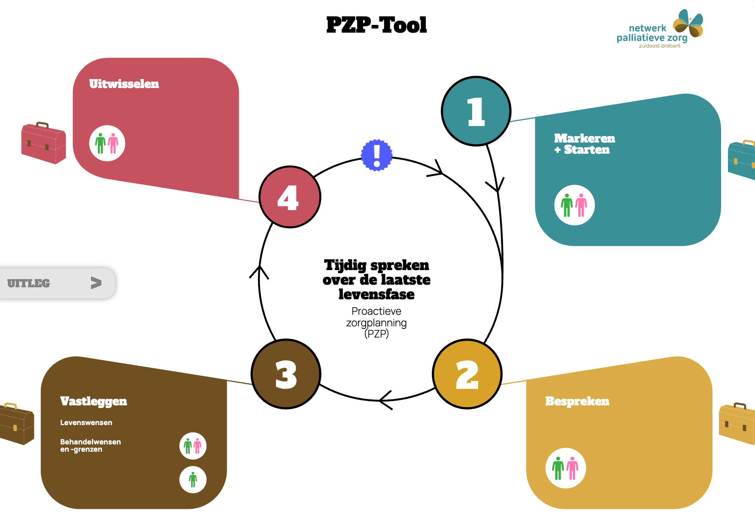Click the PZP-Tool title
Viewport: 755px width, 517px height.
pos(376,25)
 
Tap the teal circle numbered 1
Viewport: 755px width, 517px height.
pos(476,111)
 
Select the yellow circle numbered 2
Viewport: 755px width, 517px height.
pos(467,374)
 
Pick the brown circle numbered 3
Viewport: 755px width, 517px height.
pos(286,374)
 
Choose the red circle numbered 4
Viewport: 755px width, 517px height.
pos(290,197)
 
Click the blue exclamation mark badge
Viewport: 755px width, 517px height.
pos(376,155)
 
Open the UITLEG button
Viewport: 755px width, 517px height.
pos(58,283)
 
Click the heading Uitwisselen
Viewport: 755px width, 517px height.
pos(124,84)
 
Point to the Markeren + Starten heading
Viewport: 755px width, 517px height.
pos(585,144)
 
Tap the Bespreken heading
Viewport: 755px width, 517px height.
pos(577,401)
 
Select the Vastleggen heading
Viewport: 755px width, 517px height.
pos(94,401)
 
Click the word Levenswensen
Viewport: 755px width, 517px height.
pos(86,423)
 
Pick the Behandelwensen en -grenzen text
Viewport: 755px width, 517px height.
pos(91,445)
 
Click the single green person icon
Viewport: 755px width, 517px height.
pos(193,480)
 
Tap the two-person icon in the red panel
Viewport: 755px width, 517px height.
pos(107,143)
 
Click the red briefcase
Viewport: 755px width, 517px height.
pos(44,143)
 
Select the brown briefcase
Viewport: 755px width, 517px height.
pos(16,423)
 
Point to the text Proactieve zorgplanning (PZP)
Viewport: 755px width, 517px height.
pos(376,322)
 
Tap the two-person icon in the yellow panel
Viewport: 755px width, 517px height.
pos(566,468)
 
